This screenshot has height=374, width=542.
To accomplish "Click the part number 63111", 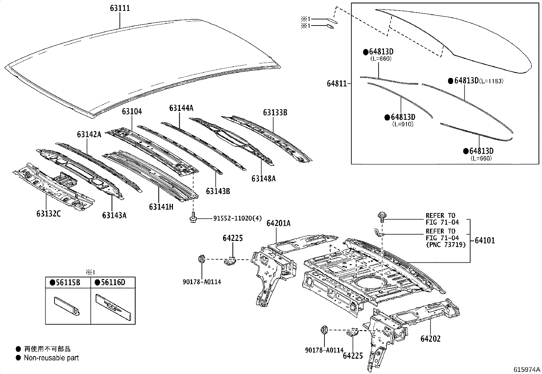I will point(120,8).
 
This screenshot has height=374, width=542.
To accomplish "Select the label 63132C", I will point(48,214).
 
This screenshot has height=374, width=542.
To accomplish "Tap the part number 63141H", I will point(161,207).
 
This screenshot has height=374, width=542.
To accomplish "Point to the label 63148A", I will point(264,178).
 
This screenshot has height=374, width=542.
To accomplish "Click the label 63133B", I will point(275,112).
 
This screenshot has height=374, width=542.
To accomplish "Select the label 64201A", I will point(278,223).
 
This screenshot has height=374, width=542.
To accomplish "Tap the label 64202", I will point(430,339).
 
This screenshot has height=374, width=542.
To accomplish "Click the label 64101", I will point(484,241).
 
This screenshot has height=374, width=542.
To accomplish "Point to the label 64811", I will point(337,83).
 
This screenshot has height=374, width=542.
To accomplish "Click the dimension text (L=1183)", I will point(491,81).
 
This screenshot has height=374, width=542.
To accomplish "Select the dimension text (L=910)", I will point(403,124).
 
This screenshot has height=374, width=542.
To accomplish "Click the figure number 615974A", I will point(527,370).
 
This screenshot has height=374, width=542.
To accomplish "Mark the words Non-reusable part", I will point(51,358).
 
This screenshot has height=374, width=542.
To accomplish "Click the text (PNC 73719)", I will point(445,245).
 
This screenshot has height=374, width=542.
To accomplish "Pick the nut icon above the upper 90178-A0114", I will point(201,259).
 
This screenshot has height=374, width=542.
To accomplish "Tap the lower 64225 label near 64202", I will point(353,356).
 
